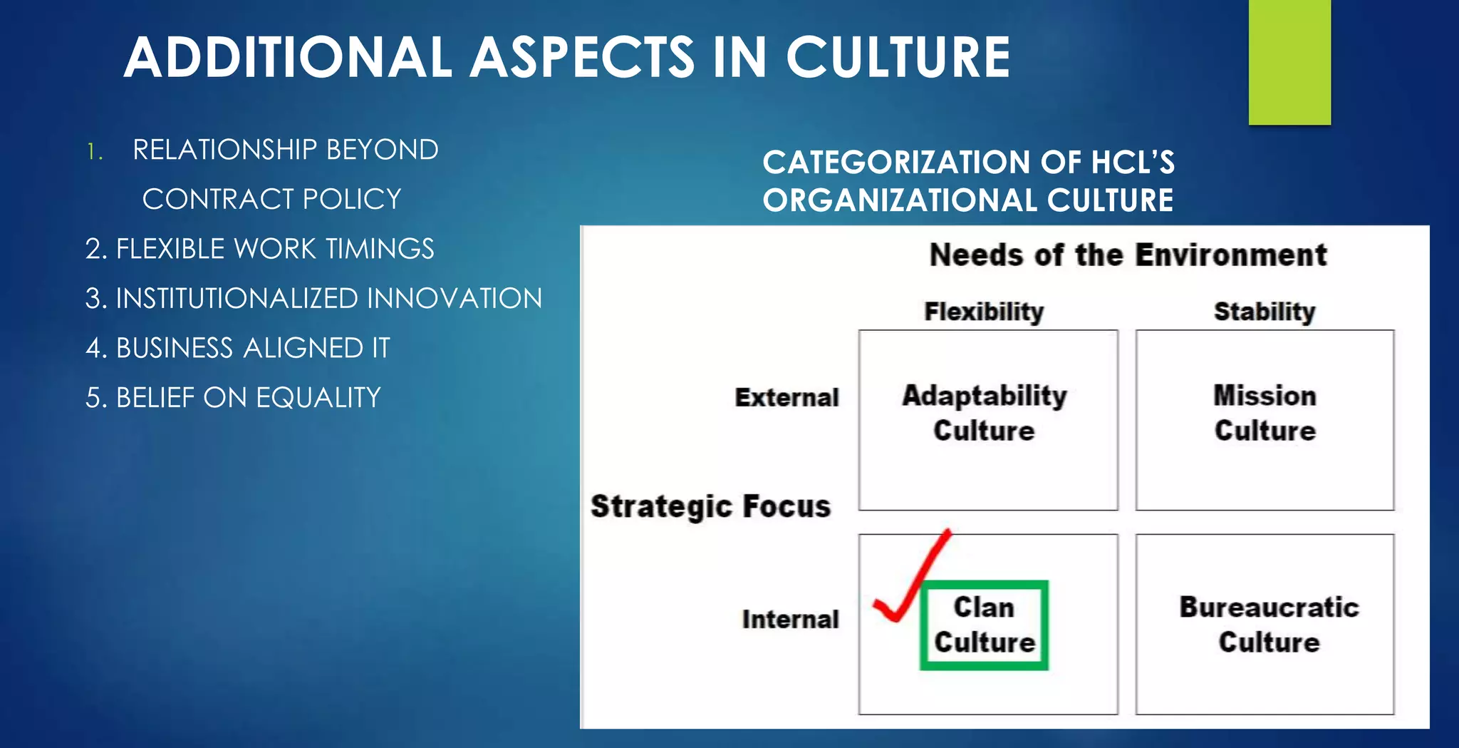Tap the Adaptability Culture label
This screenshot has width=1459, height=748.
click(x=985, y=413)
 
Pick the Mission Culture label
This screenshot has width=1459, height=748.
click(x=1265, y=413)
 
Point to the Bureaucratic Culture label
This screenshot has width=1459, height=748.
click(x=1269, y=625)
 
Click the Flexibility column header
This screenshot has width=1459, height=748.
click(x=984, y=312)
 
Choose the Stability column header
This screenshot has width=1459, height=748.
click(x=1265, y=312)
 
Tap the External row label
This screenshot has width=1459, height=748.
click(x=786, y=397)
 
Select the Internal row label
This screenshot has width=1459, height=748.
click(x=790, y=619)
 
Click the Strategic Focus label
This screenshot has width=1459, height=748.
click(x=710, y=506)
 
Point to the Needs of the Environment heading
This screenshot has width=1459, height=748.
click(x=1128, y=255)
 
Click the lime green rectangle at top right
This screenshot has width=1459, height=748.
click(x=1289, y=62)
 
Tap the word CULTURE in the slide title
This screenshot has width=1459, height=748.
click(x=898, y=57)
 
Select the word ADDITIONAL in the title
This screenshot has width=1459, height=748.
click(x=288, y=57)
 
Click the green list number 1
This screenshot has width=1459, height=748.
click(x=94, y=151)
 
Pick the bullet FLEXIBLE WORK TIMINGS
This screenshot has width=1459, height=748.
click(x=259, y=249)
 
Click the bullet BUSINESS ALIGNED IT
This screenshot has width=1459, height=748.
click(x=238, y=348)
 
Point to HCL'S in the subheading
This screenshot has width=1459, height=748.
click(x=1133, y=163)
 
